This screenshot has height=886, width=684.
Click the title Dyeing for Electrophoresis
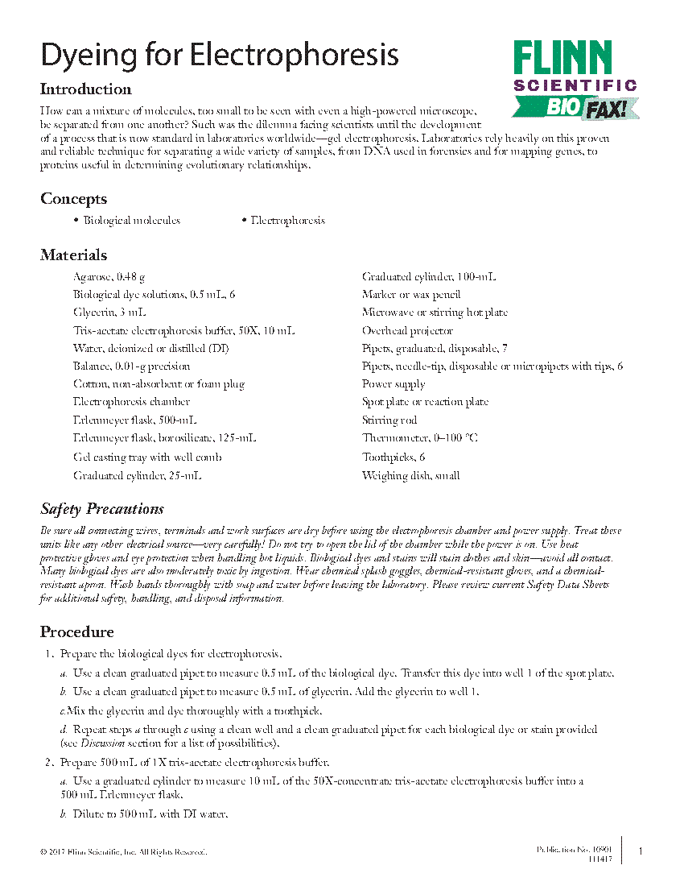pos(220,55)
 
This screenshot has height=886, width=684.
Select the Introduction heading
pos(86,89)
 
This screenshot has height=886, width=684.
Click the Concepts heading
pos(73,199)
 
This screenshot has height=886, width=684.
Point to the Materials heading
pos(73,255)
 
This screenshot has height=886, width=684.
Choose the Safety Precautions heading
pos(102,509)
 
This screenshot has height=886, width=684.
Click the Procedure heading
pos(76,631)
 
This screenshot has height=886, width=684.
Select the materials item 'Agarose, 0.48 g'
pos(109,277)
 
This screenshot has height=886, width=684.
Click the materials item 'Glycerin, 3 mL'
pos(109,313)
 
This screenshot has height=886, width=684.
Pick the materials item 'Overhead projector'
pos(407,330)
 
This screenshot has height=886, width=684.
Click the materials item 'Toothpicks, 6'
pos(394,457)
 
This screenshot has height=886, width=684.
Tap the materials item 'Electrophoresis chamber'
pos(131,402)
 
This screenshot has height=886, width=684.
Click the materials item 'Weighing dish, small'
pos(410,475)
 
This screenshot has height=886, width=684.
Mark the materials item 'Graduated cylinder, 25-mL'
pos(137,475)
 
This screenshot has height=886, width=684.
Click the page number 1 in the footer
pos(640,851)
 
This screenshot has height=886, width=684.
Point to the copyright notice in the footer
pos(124,851)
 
